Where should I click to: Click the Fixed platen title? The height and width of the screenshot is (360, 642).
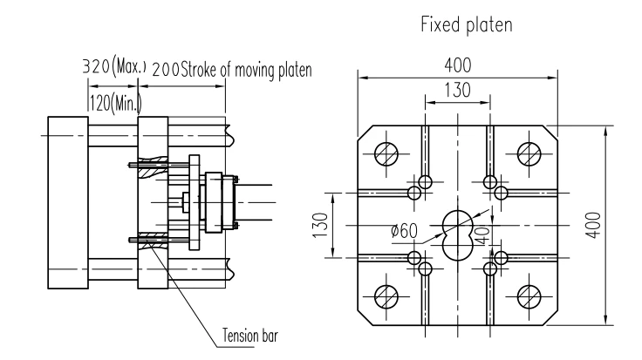pyautogui.click(x=467, y=24)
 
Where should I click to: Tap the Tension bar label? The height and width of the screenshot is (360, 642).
pyautogui.click(x=250, y=336)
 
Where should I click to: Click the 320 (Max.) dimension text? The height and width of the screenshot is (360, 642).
pyautogui.click(x=114, y=65)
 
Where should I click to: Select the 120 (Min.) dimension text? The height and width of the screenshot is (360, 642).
pyautogui.click(x=116, y=103)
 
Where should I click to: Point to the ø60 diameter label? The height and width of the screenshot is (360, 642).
pyautogui.click(x=404, y=231)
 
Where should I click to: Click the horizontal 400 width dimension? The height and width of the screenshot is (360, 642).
pyautogui.click(x=458, y=65)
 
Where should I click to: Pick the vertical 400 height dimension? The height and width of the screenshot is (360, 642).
pyautogui.click(x=593, y=225)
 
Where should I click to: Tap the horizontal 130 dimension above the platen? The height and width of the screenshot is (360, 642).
pyautogui.click(x=458, y=90)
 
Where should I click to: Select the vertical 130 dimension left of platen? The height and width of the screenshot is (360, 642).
pyautogui.click(x=321, y=225)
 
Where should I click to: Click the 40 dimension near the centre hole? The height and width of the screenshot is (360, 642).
pyautogui.click(x=482, y=235)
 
